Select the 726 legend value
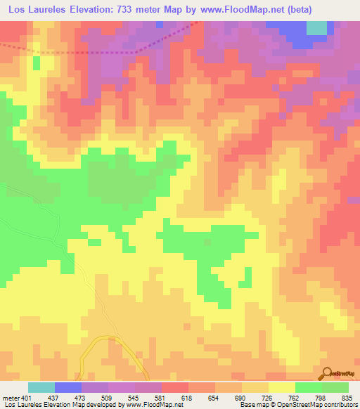266,397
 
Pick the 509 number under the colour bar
108,397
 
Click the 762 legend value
293,397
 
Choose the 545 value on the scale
134,397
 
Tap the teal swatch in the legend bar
41,387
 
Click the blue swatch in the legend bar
68,387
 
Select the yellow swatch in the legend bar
281,387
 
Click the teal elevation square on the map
317,27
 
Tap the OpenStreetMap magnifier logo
328,372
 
